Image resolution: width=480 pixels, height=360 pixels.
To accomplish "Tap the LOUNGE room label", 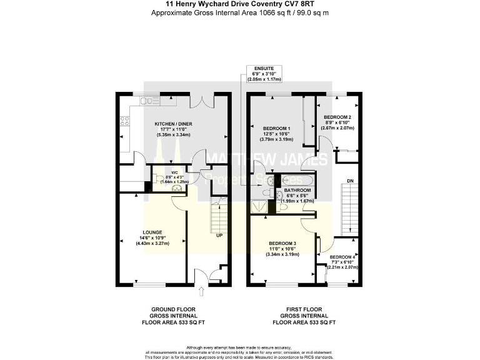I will [x=153, y=231].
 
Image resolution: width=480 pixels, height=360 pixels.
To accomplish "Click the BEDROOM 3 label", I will [x=282, y=243].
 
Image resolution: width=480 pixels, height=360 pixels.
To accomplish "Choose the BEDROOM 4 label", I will [x=343, y=257].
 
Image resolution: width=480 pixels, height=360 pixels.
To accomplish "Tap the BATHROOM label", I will [x=297, y=190].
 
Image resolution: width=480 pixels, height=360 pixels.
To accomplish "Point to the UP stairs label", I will [x=219, y=236].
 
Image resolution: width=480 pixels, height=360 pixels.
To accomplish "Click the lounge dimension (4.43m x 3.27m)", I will [x=153, y=242].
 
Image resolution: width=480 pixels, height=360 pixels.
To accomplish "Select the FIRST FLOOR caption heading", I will [x=304, y=310].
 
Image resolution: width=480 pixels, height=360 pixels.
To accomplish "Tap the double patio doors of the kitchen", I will [x=205, y=100].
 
